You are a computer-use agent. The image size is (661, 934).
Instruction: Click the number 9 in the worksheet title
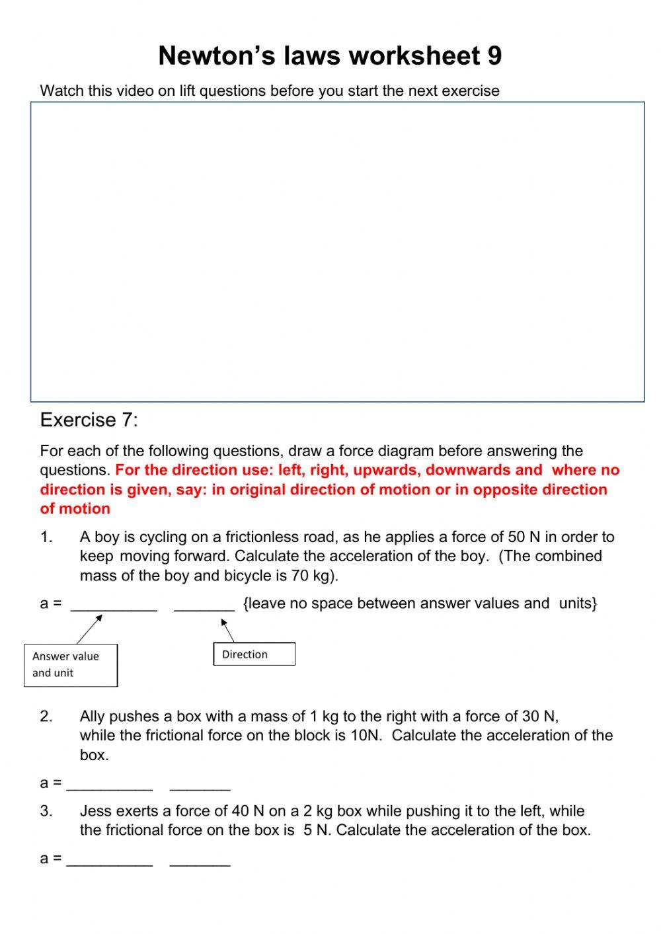click(x=494, y=56)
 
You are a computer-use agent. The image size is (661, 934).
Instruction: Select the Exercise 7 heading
click(x=89, y=420)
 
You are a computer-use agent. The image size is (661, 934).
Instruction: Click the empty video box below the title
click(x=337, y=252)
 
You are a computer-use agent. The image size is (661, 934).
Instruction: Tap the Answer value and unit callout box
click(x=71, y=665)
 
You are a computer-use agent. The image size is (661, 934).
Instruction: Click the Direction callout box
click(x=254, y=654)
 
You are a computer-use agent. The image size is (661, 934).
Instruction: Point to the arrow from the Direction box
click(x=227, y=630)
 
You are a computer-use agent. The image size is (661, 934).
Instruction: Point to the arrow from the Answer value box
click(x=89, y=629)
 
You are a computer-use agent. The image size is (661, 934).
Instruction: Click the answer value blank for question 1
click(x=114, y=605)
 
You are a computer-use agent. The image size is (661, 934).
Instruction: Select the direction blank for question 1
click(x=204, y=605)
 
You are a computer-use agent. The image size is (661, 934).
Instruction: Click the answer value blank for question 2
click(x=110, y=785)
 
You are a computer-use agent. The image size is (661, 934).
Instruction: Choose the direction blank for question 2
click(x=200, y=785)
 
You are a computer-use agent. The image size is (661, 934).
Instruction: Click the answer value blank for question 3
click(x=110, y=860)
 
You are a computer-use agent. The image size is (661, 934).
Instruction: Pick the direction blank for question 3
click(x=200, y=860)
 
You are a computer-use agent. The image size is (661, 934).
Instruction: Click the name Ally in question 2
click(x=93, y=717)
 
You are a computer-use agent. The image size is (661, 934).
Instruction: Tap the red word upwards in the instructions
click(x=387, y=471)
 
